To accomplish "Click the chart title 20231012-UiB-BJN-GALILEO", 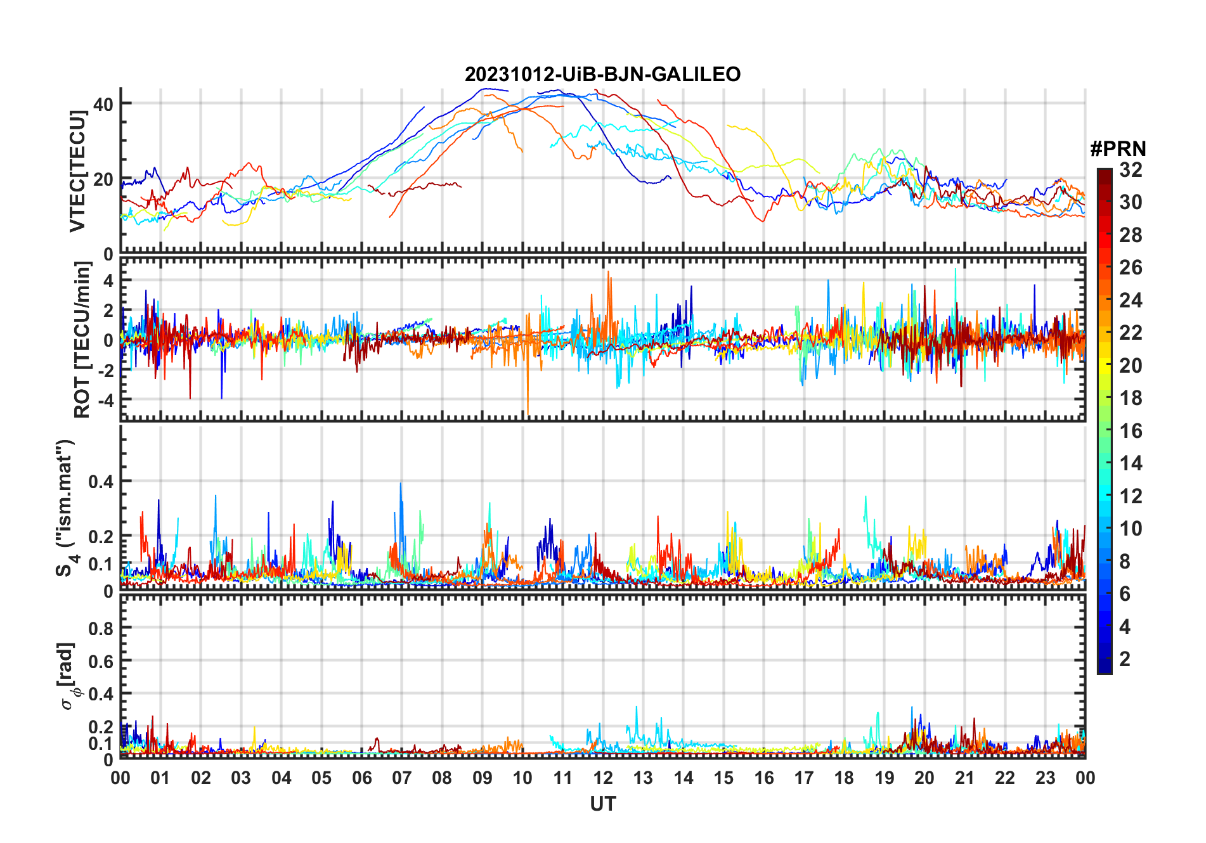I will tap(602, 75).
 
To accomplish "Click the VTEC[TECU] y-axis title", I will tap(77, 171).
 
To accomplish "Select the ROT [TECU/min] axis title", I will tap(82, 340).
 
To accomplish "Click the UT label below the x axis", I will tap(602, 804).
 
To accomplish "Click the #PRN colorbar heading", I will tap(1118, 149).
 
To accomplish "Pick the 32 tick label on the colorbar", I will tap(1131, 170).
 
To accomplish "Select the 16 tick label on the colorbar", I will tap(1131, 431).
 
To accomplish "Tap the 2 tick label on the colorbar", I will tap(1125, 659).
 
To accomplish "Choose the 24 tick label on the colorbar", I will tap(1131, 300).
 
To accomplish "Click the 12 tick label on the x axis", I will tap(603, 778).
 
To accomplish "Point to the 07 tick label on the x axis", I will tap(402, 778).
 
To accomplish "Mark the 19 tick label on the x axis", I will tap(885, 778).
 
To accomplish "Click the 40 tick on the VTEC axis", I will tap(104, 104).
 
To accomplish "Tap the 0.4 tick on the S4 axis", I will tap(101, 482).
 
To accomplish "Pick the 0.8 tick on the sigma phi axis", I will tap(101, 629).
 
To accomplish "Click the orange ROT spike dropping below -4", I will tap(528, 406).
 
